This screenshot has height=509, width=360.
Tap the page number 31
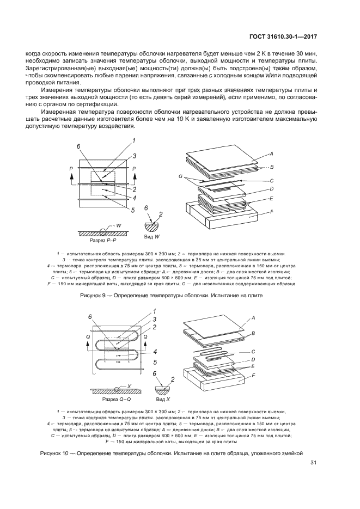pyautogui.click(x=313, y=463)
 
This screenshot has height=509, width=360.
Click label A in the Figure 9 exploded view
pyautogui.click(x=271, y=154)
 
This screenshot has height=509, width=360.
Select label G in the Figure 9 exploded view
pyautogui.click(x=180, y=176)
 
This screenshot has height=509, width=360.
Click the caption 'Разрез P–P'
pyautogui.click(x=102, y=240)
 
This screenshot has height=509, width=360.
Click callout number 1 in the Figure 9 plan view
pyautogui.click(x=133, y=141)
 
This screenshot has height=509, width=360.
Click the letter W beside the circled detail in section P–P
pyautogui.click(x=119, y=224)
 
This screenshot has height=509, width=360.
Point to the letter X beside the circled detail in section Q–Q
pyautogui.click(x=129, y=385)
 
